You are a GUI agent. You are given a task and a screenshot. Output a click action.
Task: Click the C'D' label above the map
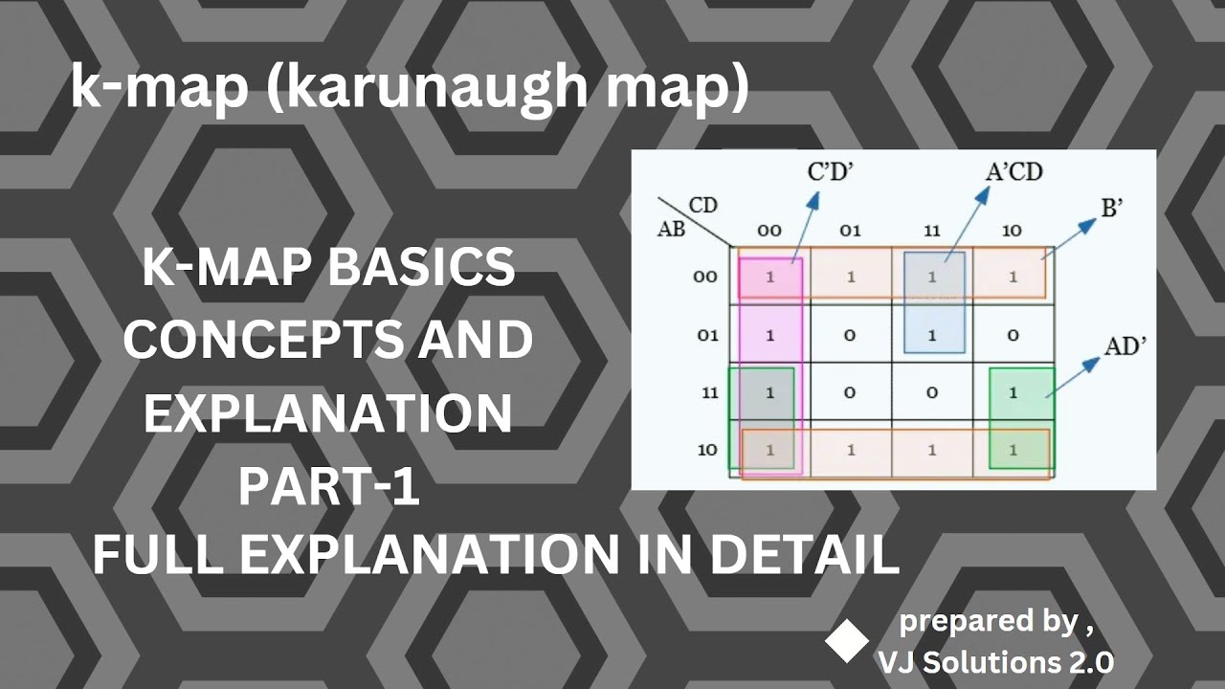click(830, 174)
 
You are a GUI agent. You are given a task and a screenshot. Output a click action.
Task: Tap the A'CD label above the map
click(1013, 172)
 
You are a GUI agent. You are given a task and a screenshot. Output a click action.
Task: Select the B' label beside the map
click(1111, 209)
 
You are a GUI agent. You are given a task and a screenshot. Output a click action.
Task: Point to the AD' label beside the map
click(1125, 346)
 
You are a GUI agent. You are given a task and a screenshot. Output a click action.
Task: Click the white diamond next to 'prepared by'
click(847, 641)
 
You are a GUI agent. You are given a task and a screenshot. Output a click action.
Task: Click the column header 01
click(851, 231)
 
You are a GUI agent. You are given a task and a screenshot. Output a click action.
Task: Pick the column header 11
click(931, 231)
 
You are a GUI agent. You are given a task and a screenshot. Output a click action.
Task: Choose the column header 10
click(1013, 231)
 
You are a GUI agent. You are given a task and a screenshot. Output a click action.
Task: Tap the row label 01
click(707, 336)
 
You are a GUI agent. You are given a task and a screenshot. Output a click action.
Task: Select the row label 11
click(707, 392)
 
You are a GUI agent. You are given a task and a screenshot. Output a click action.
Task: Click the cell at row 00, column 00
click(769, 277)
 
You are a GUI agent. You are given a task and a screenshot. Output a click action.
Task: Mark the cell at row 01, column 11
click(931, 336)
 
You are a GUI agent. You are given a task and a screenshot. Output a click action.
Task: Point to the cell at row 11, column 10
click(1013, 392)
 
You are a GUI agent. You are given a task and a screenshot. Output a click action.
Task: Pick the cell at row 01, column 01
click(851, 336)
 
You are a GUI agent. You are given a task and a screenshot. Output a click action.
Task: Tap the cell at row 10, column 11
click(931, 449)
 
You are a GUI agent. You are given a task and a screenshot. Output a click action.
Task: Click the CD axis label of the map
click(703, 207)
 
